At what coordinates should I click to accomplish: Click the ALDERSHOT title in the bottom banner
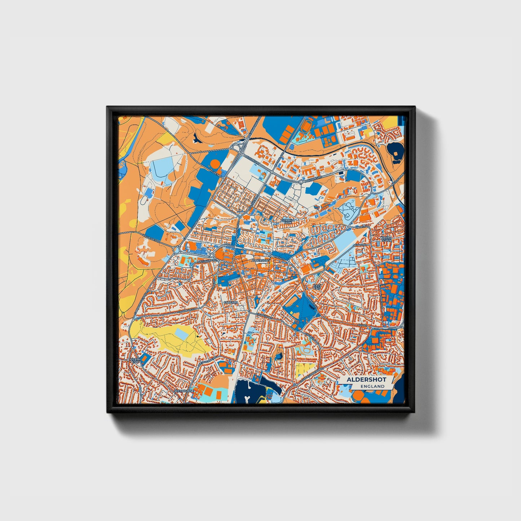[x=366, y=380]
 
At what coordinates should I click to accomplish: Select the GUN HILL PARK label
[x=288, y=221]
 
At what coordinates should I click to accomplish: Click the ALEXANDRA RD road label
[x=207, y=260]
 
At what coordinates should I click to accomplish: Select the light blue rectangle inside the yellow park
[x=183, y=335]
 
